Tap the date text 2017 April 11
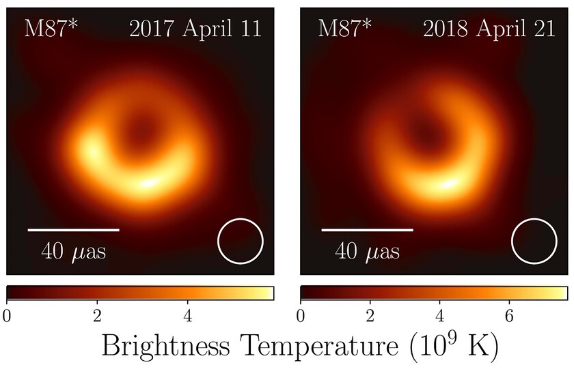point(195,30)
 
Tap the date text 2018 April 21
point(489,30)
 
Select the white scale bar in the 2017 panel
point(74,230)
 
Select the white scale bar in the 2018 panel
point(368,230)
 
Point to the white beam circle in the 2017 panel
point(241,241)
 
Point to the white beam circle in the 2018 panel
point(534,241)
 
